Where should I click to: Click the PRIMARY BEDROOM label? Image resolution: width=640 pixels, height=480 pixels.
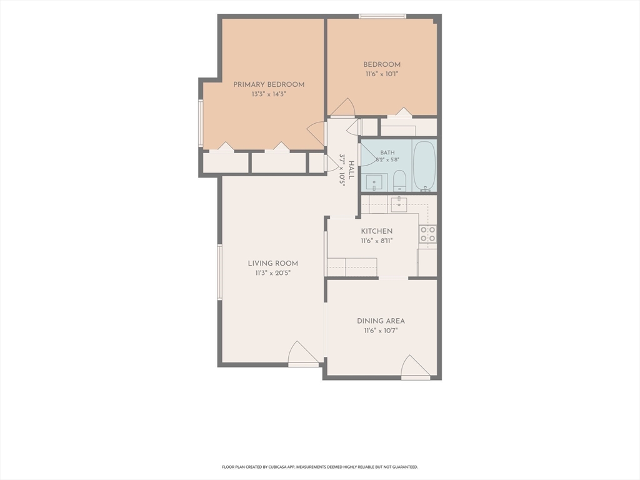(x=269, y=84)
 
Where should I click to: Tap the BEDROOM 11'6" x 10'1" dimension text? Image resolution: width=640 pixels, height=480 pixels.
(x=382, y=74)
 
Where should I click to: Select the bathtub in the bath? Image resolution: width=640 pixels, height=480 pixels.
(x=424, y=166)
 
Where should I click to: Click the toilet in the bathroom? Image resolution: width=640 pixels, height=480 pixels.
(x=399, y=181)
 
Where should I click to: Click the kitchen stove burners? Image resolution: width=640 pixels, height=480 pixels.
(x=427, y=234)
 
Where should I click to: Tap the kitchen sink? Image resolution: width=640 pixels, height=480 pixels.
(x=399, y=204)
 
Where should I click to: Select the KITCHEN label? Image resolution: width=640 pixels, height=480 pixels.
(x=377, y=231)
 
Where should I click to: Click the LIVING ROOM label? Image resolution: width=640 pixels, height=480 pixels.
(x=273, y=263)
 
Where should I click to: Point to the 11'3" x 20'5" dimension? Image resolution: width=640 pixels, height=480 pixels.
(x=273, y=273)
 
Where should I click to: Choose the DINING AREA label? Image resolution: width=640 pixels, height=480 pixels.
(x=381, y=321)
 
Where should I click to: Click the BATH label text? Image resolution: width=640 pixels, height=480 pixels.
(x=387, y=152)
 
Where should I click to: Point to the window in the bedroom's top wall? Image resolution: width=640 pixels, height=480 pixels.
(x=382, y=16)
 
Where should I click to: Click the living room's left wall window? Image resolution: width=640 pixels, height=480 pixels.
(x=219, y=272)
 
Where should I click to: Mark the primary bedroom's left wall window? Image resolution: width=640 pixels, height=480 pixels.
(x=201, y=123)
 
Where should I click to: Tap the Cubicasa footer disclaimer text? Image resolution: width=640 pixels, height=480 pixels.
(x=320, y=467)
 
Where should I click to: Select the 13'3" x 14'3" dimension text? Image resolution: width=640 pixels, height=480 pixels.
(x=269, y=94)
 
